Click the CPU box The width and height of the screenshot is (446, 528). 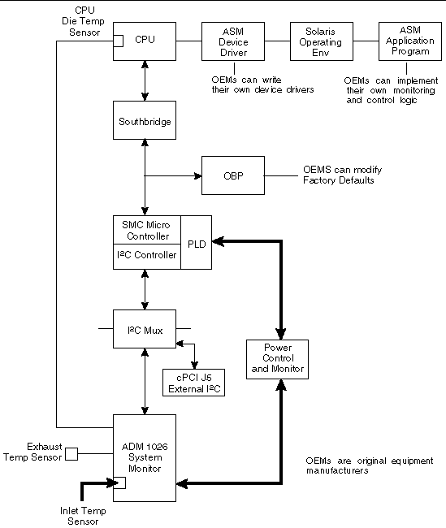[x=145, y=39]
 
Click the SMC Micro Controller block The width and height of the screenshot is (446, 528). [x=145, y=230]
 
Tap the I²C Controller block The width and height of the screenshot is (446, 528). [x=145, y=255]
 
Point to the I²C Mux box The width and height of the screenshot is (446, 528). [x=144, y=329]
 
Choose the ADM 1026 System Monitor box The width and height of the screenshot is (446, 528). [x=144, y=457]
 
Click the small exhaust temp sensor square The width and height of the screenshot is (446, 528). [x=71, y=453]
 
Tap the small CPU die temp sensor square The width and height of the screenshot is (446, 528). [x=118, y=41]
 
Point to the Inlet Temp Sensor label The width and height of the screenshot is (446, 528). [x=83, y=516]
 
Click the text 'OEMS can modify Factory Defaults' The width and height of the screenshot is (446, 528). [x=341, y=175]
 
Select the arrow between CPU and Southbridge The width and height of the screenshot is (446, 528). [x=144, y=80]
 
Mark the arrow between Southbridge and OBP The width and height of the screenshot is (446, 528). [x=172, y=175]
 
